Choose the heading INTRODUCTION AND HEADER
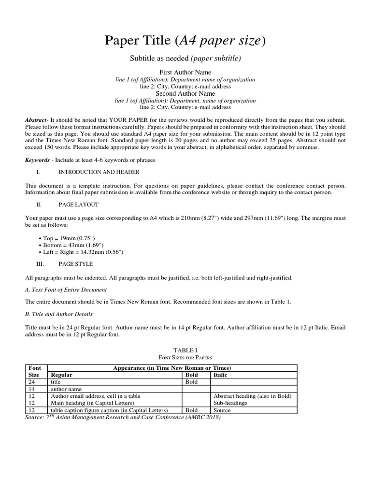(x=99, y=172)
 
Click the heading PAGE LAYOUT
(x=78, y=205)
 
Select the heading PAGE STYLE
(x=75, y=264)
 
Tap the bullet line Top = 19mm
(x=69, y=238)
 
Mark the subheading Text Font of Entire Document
(x=68, y=290)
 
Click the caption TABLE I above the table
(x=185, y=349)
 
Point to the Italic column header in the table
(x=220, y=375)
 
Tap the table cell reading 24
(x=32, y=382)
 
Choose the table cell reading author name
(x=66, y=389)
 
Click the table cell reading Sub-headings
(x=230, y=403)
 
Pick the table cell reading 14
(x=32, y=389)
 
